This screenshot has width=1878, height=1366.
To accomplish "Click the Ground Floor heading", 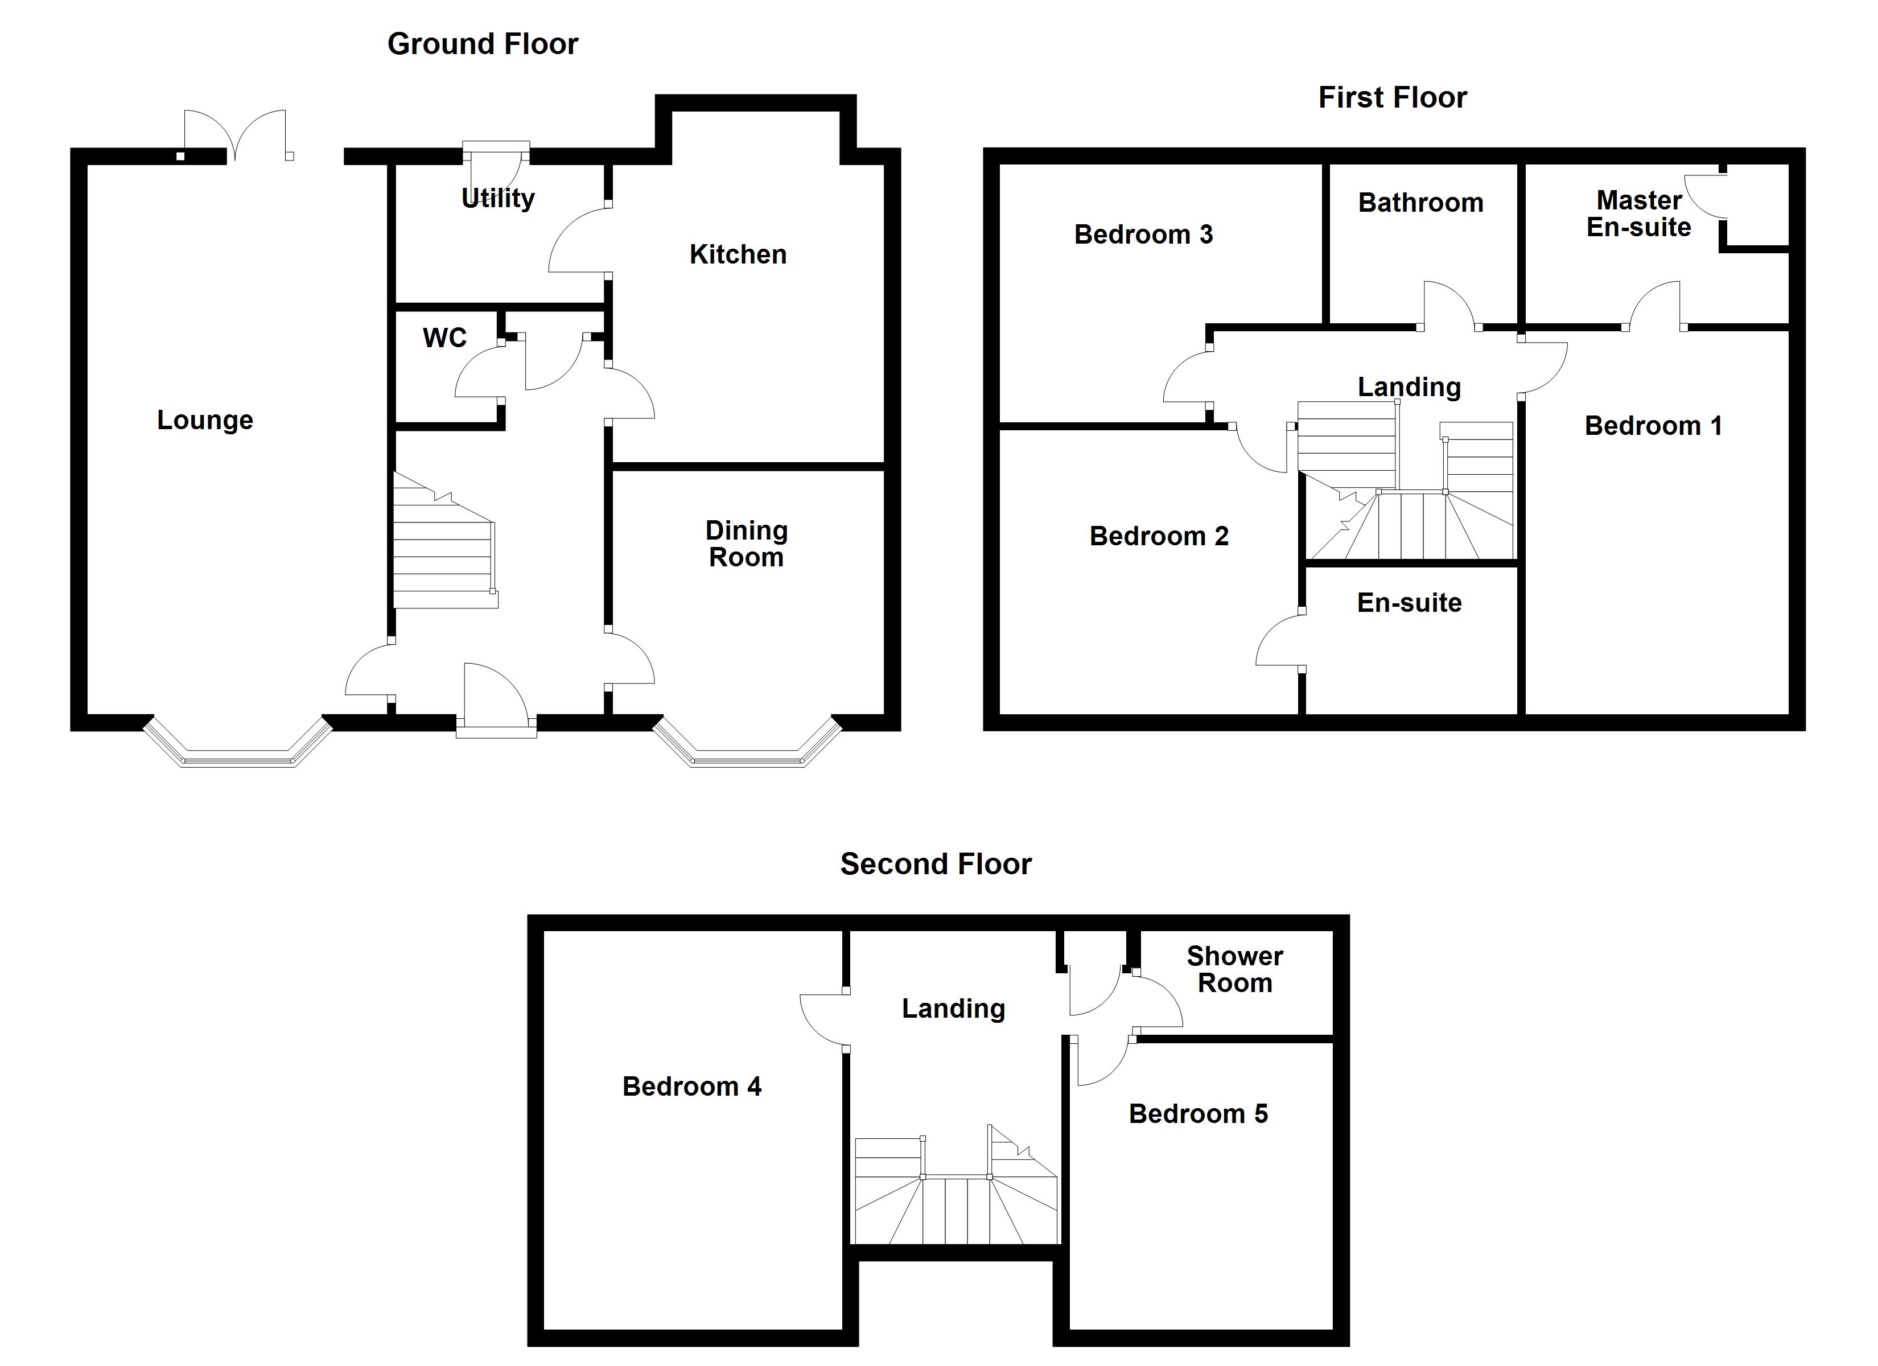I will coord(482,44).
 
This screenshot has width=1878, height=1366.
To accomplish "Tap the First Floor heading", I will coord(1392,98).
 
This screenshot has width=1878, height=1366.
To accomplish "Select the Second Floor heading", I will coord(936,864).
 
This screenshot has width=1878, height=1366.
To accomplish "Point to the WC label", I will coord(444,338).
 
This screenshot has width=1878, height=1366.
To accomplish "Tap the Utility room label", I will coord(497,198).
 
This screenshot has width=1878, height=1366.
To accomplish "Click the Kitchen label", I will coord(738,254).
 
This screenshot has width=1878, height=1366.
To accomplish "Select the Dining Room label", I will coord(746,544).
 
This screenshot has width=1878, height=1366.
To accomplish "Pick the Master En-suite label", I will coord(1638,214).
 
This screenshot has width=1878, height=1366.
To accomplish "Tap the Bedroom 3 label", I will coord(1143,234).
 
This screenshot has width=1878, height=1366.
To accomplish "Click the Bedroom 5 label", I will coord(1197,1114).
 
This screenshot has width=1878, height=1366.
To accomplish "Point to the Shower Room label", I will coord(1234,969).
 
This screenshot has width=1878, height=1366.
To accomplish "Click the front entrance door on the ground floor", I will coord(495,700).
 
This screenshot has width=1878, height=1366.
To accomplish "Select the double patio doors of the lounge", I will coord(236,134).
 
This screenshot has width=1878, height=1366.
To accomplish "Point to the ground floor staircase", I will coord(443,547).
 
